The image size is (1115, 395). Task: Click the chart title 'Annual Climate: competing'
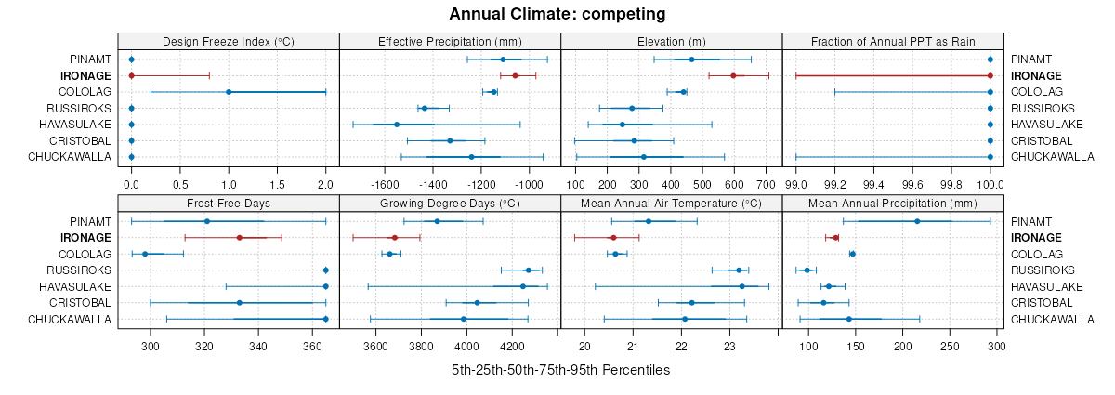tap(557, 14)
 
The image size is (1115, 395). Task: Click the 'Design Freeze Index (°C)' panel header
tap(229, 41)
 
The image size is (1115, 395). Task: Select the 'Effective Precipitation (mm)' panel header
tap(450, 41)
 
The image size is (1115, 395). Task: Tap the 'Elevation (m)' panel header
tap(672, 41)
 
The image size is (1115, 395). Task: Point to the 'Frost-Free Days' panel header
tap(229, 203)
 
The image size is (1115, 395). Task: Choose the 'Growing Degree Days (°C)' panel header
tap(450, 203)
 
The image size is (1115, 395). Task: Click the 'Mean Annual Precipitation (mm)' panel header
tap(893, 203)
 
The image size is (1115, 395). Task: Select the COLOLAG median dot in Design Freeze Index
tap(229, 92)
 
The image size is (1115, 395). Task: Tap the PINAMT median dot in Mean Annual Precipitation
tap(917, 221)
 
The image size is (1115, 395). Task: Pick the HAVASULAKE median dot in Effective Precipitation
tap(397, 125)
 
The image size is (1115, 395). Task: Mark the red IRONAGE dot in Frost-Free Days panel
tap(240, 238)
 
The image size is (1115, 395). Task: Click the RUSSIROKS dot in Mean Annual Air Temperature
tap(740, 270)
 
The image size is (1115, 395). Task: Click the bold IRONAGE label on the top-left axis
tap(85, 75)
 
